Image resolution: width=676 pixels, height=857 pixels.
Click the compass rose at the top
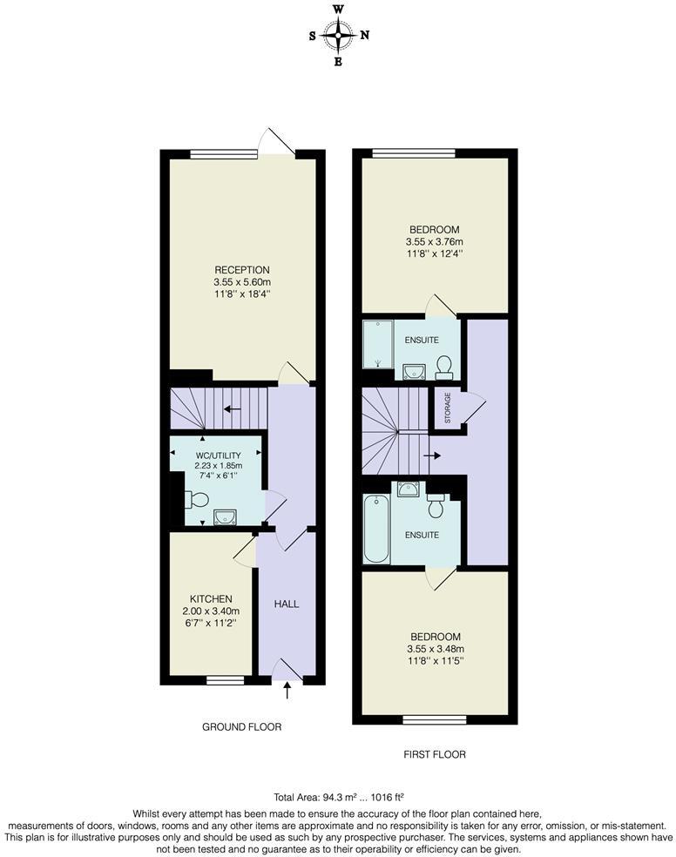point(338,36)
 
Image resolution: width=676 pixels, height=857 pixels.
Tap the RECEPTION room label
point(242,270)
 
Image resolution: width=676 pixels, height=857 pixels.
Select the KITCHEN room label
point(211,599)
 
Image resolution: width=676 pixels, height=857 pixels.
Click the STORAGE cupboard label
point(448,408)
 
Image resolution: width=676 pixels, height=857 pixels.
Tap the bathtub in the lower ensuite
point(375,529)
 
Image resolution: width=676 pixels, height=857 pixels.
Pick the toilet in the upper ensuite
point(444,366)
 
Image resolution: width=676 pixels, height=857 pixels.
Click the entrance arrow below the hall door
point(287,691)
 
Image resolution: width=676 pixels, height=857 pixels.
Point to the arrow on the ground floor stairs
point(231,408)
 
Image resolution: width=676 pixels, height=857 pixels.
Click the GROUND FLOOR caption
point(241,726)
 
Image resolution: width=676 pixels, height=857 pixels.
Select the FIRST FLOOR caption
point(435,754)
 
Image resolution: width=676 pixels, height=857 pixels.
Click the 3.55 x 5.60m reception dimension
point(242,282)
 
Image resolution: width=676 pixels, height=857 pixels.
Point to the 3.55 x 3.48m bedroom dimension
point(435,649)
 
